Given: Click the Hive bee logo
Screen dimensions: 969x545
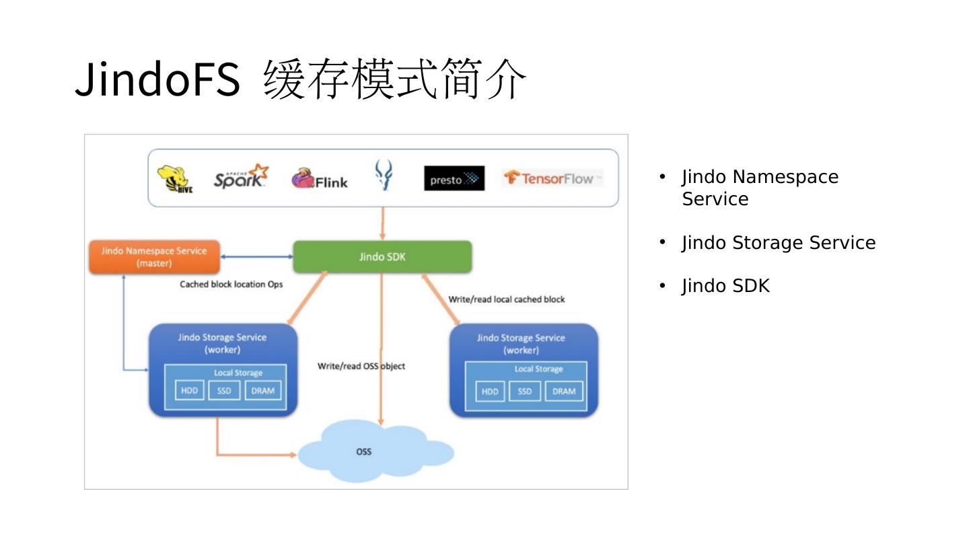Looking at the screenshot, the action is coord(175,179).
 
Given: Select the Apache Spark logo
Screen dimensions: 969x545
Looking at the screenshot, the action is coord(241,176).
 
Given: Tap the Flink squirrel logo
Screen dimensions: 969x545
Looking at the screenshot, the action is coord(319,178).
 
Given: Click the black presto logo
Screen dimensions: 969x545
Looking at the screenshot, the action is coord(454,178).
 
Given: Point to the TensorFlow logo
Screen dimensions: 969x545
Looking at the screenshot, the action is coord(552,178).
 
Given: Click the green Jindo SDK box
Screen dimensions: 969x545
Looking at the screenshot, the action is coord(382,257).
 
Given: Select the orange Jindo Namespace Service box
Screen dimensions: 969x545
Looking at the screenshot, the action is coord(155,257).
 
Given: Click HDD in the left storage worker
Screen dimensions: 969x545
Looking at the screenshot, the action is coord(190,390).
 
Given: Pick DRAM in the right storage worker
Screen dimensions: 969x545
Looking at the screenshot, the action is coord(564,392).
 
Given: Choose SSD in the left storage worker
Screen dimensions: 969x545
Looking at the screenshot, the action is coord(224,390).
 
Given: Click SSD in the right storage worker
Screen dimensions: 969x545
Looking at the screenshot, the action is coord(525,392).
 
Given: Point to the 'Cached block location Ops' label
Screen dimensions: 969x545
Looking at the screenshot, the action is coord(231,284).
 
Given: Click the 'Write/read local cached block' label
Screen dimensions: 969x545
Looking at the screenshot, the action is coord(507,299).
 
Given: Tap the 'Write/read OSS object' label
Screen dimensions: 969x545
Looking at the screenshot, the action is coord(361,366).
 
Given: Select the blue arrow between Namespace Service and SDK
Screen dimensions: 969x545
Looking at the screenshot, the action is coord(256,257).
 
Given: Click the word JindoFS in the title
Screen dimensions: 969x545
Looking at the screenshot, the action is coord(157,79).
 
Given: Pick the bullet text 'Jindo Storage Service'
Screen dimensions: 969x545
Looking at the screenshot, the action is coord(779,243).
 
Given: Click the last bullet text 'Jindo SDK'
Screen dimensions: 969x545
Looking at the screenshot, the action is coord(726,286).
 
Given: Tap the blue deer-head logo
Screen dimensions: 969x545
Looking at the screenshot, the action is coord(384,175).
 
